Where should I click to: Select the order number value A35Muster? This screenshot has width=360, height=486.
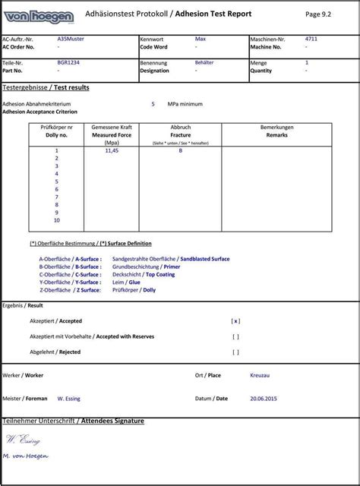71,38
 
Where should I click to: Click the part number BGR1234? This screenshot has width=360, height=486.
68,62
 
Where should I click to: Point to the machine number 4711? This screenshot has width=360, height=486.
311,38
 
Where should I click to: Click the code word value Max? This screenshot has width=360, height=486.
201,38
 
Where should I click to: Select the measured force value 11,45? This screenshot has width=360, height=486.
112,150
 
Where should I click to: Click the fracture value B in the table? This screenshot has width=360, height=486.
180,150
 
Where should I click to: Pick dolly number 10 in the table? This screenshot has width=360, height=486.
57,219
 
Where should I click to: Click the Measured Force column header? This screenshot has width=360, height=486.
112,134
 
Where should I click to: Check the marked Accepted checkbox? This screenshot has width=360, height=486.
235,321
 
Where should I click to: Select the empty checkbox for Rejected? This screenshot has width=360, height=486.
235,352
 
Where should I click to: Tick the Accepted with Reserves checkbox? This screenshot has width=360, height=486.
235,336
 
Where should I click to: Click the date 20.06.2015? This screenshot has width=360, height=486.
264,398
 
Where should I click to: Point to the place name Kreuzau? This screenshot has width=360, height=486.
260,375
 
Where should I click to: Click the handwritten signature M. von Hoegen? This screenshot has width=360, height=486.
26,456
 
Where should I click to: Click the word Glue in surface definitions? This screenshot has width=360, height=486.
134,282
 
